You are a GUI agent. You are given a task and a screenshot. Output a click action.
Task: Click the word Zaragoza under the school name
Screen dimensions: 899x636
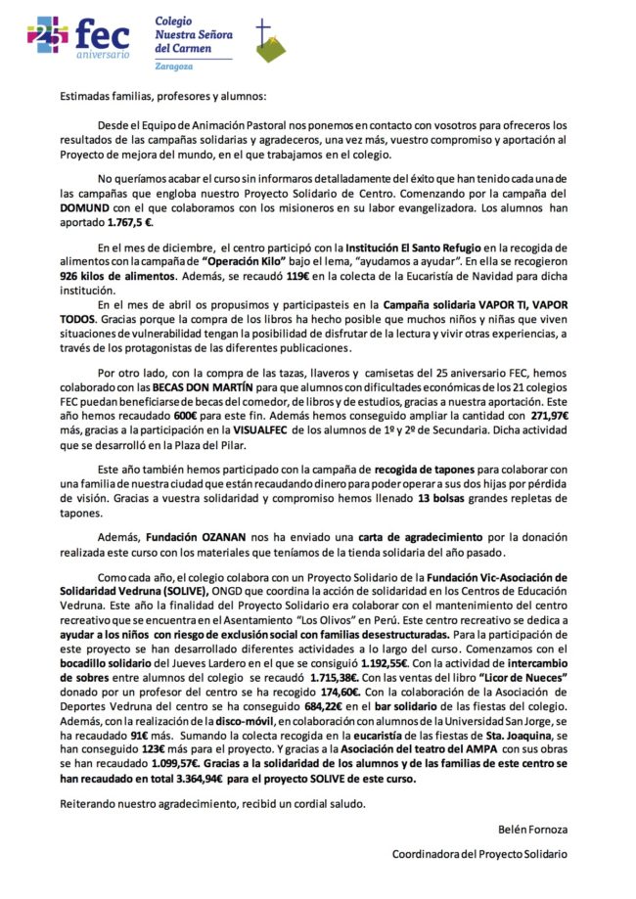pos(175,67)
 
